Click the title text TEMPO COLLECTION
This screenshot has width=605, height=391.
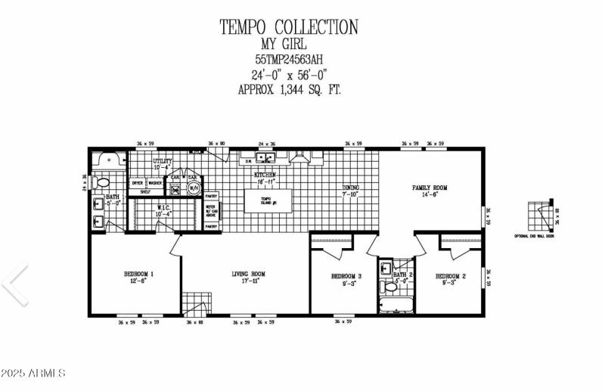coord(288,27)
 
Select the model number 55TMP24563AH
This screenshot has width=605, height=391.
coord(288,59)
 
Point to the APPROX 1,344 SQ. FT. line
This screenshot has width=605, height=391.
coord(288,89)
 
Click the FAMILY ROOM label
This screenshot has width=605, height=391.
coord(430,191)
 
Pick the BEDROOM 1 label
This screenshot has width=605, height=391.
coord(138,277)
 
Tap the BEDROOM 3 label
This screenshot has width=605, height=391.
coord(346,279)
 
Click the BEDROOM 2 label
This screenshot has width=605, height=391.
coord(450,279)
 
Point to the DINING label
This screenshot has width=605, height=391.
coord(350,191)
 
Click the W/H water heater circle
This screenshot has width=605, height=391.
coord(193,188)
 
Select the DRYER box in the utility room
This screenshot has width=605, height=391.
coord(137,183)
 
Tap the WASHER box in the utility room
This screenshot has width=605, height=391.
coord(155,183)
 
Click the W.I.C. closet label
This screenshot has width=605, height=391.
coord(163,210)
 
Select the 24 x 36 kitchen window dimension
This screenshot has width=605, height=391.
coord(266,144)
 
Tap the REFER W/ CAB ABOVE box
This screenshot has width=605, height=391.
coord(211,210)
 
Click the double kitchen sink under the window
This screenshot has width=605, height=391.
coord(265,158)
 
